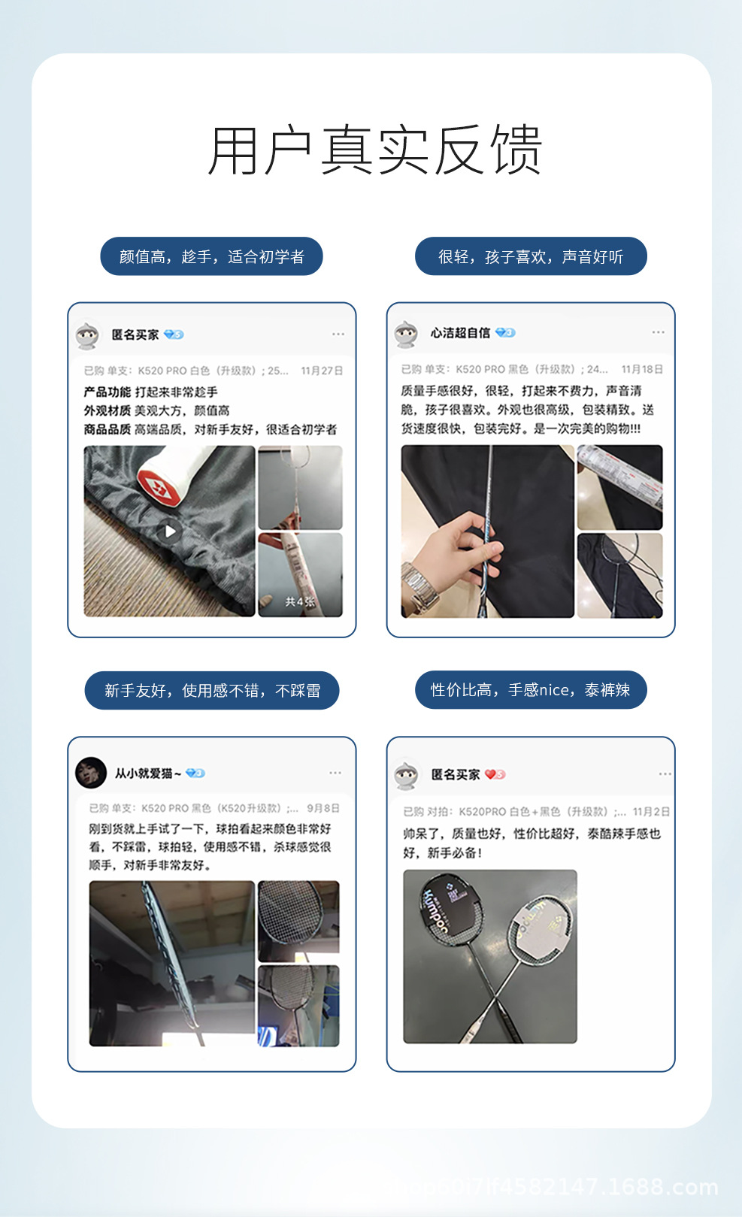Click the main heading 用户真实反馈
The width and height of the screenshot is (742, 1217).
[374, 150]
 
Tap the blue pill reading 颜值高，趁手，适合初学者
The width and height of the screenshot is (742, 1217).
[211, 257]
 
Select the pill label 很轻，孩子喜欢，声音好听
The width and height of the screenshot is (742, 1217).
[531, 257]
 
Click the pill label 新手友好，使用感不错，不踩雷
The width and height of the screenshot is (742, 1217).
[212, 691]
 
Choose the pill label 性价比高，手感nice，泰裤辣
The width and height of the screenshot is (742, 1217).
[531, 690]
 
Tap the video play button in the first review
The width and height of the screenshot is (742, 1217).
[170, 531]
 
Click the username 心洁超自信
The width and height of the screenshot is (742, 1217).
[460, 333]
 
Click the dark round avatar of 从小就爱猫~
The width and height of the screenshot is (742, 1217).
[91, 773]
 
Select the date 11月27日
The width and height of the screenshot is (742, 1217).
[322, 371]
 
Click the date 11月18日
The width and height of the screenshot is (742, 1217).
[642, 369]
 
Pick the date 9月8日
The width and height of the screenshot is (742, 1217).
[323, 808]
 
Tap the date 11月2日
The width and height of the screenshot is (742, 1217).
[651, 812]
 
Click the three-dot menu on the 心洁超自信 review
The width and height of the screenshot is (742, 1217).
[659, 332]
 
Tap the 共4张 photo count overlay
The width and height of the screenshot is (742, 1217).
[299, 602]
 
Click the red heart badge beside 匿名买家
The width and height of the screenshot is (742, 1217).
[495, 774]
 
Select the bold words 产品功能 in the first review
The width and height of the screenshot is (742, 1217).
[107, 392]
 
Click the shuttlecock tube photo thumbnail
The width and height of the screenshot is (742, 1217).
[619, 487]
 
